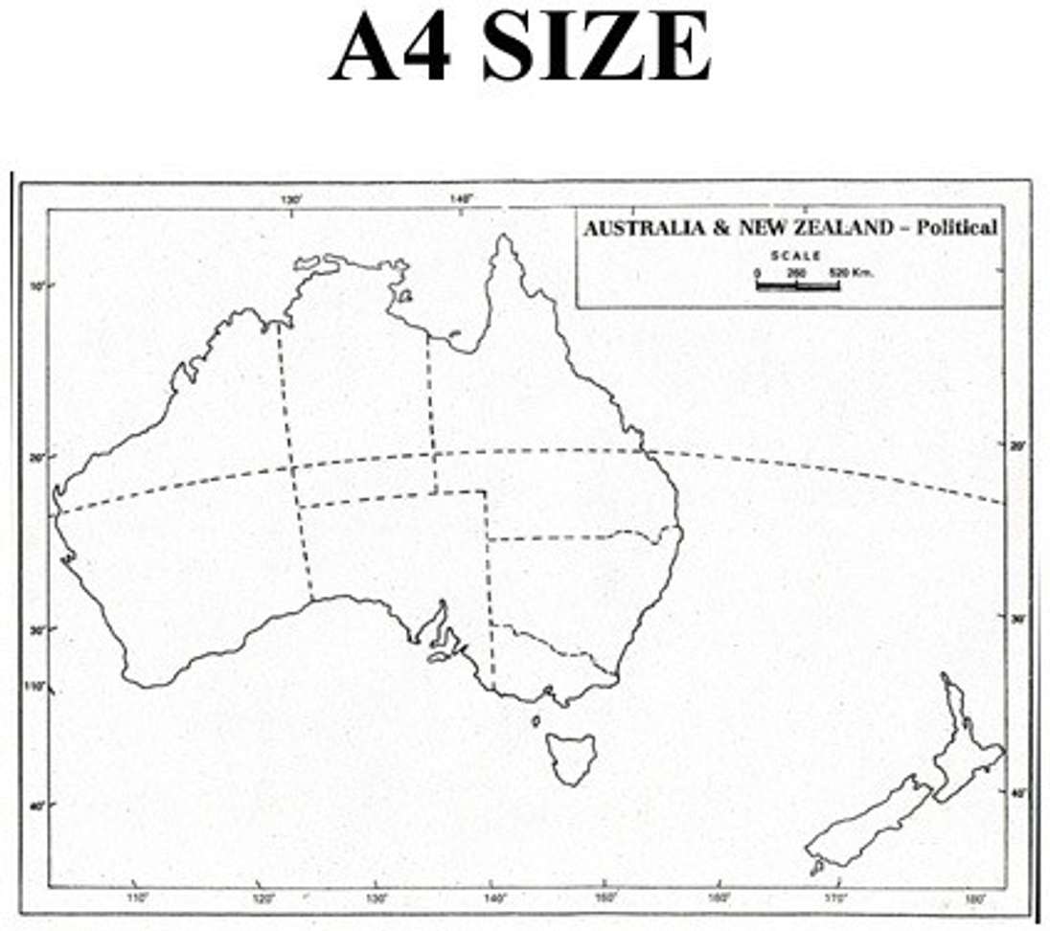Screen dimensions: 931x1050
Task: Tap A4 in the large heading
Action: [x=390, y=47]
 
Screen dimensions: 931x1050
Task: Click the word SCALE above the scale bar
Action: [x=796, y=256]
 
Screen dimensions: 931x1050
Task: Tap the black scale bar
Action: [x=797, y=284]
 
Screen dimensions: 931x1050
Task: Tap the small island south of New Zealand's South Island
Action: [x=817, y=867]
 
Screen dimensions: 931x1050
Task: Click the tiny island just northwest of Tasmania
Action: [x=536, y=720]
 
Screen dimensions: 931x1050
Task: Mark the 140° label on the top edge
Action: [x=461, y=199]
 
